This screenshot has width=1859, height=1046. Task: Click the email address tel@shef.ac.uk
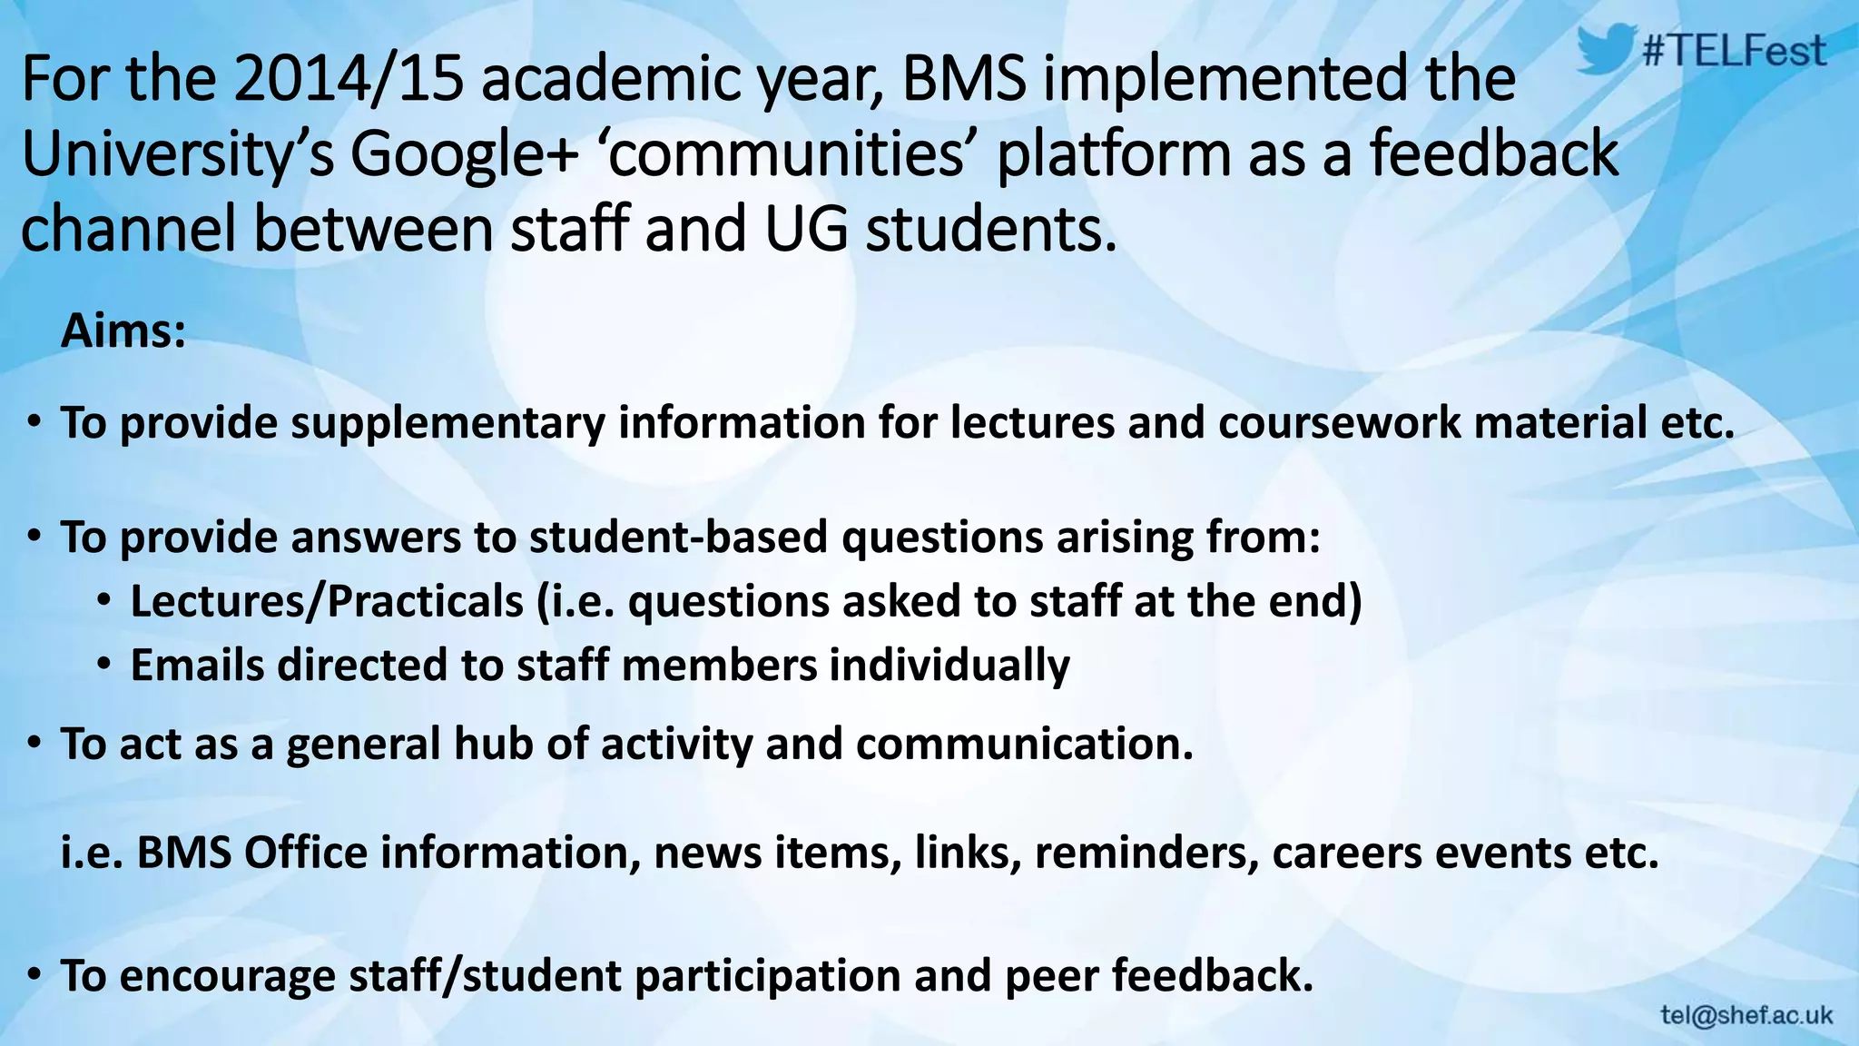(x=1746, y=1015)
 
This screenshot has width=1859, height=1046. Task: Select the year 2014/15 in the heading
(x=349, y=80)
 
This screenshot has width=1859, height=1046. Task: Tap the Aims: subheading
(x=123, y=331)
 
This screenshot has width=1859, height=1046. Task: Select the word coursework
(x=1340, y=424)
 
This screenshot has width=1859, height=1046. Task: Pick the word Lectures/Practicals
(x=327, y=602)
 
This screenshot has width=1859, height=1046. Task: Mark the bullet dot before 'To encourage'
(x=34, y=975)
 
